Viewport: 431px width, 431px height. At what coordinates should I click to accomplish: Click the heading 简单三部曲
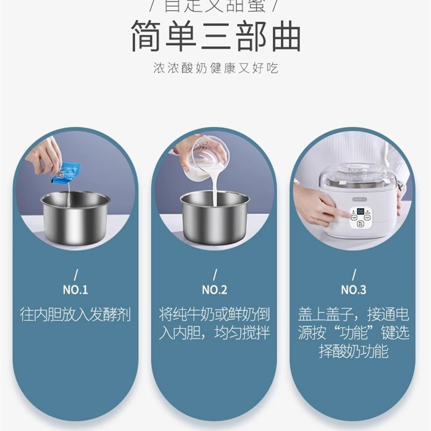(x=215, y=37)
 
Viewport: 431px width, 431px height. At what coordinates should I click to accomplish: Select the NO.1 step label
(x=75, y=290)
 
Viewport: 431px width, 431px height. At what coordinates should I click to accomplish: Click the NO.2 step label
(x=215, y=290)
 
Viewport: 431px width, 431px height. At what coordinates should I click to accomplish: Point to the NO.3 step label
(x=354, y=290)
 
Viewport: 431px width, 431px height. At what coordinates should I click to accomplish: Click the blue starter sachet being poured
(x=66, y=171)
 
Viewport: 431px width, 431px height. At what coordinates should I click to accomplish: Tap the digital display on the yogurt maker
(x=359, y=212)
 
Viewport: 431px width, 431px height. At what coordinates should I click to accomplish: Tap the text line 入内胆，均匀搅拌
(x=215, y=333)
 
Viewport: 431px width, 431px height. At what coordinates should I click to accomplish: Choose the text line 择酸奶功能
(x=354, y=352)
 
